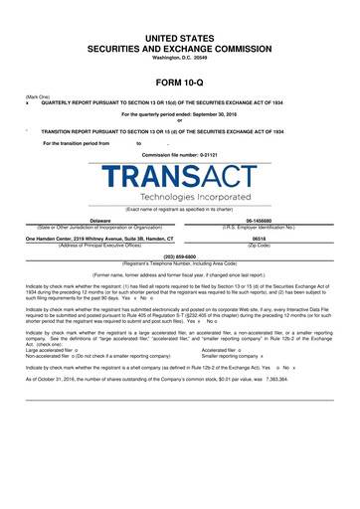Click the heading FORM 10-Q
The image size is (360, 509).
[179, 83]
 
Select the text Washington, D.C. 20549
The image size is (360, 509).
[180, 61]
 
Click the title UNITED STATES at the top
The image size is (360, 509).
[180, 36]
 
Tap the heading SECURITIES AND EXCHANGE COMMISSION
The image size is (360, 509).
[180, 49]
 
